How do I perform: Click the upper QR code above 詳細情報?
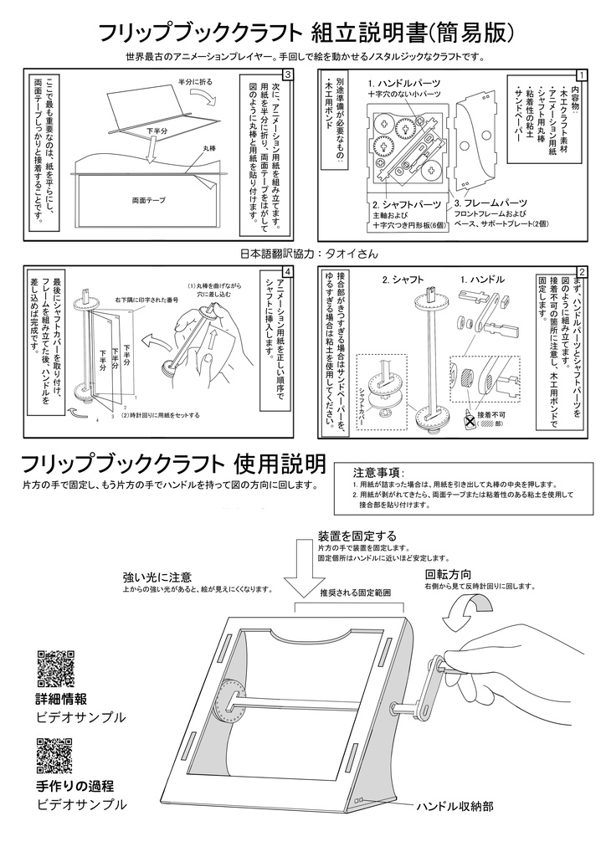(55, 668)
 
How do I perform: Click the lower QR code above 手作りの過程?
(55, 756)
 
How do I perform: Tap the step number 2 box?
(582, 272)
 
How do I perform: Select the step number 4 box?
(288, 272)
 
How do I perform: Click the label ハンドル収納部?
(454, 806)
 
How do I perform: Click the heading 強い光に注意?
(157, 577)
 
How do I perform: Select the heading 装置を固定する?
(357, 535)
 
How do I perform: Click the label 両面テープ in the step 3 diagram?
(149, 202)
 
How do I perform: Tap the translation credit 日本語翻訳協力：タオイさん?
(309, 253)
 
